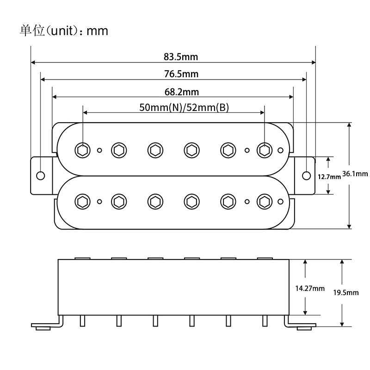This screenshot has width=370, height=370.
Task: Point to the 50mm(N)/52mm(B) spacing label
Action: coord(184,107)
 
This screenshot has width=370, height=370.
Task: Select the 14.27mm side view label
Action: coord(309,288)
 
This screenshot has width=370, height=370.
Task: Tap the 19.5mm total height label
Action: coord(346,293)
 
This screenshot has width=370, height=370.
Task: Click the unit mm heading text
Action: coord(64,31)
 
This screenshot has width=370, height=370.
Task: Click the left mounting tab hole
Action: coord(41,175)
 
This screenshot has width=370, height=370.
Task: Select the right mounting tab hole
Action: coord(307,175)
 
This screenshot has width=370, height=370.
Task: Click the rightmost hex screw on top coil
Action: coord(264,149)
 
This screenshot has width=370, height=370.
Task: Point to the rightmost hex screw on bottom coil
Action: coord(264,201)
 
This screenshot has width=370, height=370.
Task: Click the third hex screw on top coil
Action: coord(154,149)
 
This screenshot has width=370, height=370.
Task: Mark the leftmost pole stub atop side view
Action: coord(82,258)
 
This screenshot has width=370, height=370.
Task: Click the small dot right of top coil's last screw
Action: coord(281,150)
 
